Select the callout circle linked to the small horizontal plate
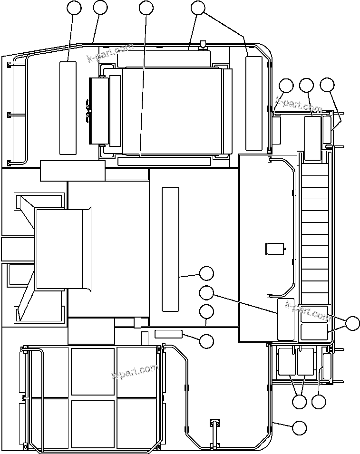point(206,341)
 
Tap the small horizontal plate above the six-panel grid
point(168,333)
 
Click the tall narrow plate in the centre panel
point(170,250)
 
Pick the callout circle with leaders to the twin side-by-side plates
point(299,401)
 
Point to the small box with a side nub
point(274,249)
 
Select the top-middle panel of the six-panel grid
point(93,372)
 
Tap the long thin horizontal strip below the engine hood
point(164,162)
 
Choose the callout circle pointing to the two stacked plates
point(352,323)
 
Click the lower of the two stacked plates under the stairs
point(314,332)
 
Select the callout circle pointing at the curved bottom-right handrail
point(299,428)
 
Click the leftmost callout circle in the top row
point(74,8)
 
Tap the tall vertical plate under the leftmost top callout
point(68,107)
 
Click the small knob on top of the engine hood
point(203,46)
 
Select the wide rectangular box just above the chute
point(72,171)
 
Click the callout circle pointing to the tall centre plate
point(206,273)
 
